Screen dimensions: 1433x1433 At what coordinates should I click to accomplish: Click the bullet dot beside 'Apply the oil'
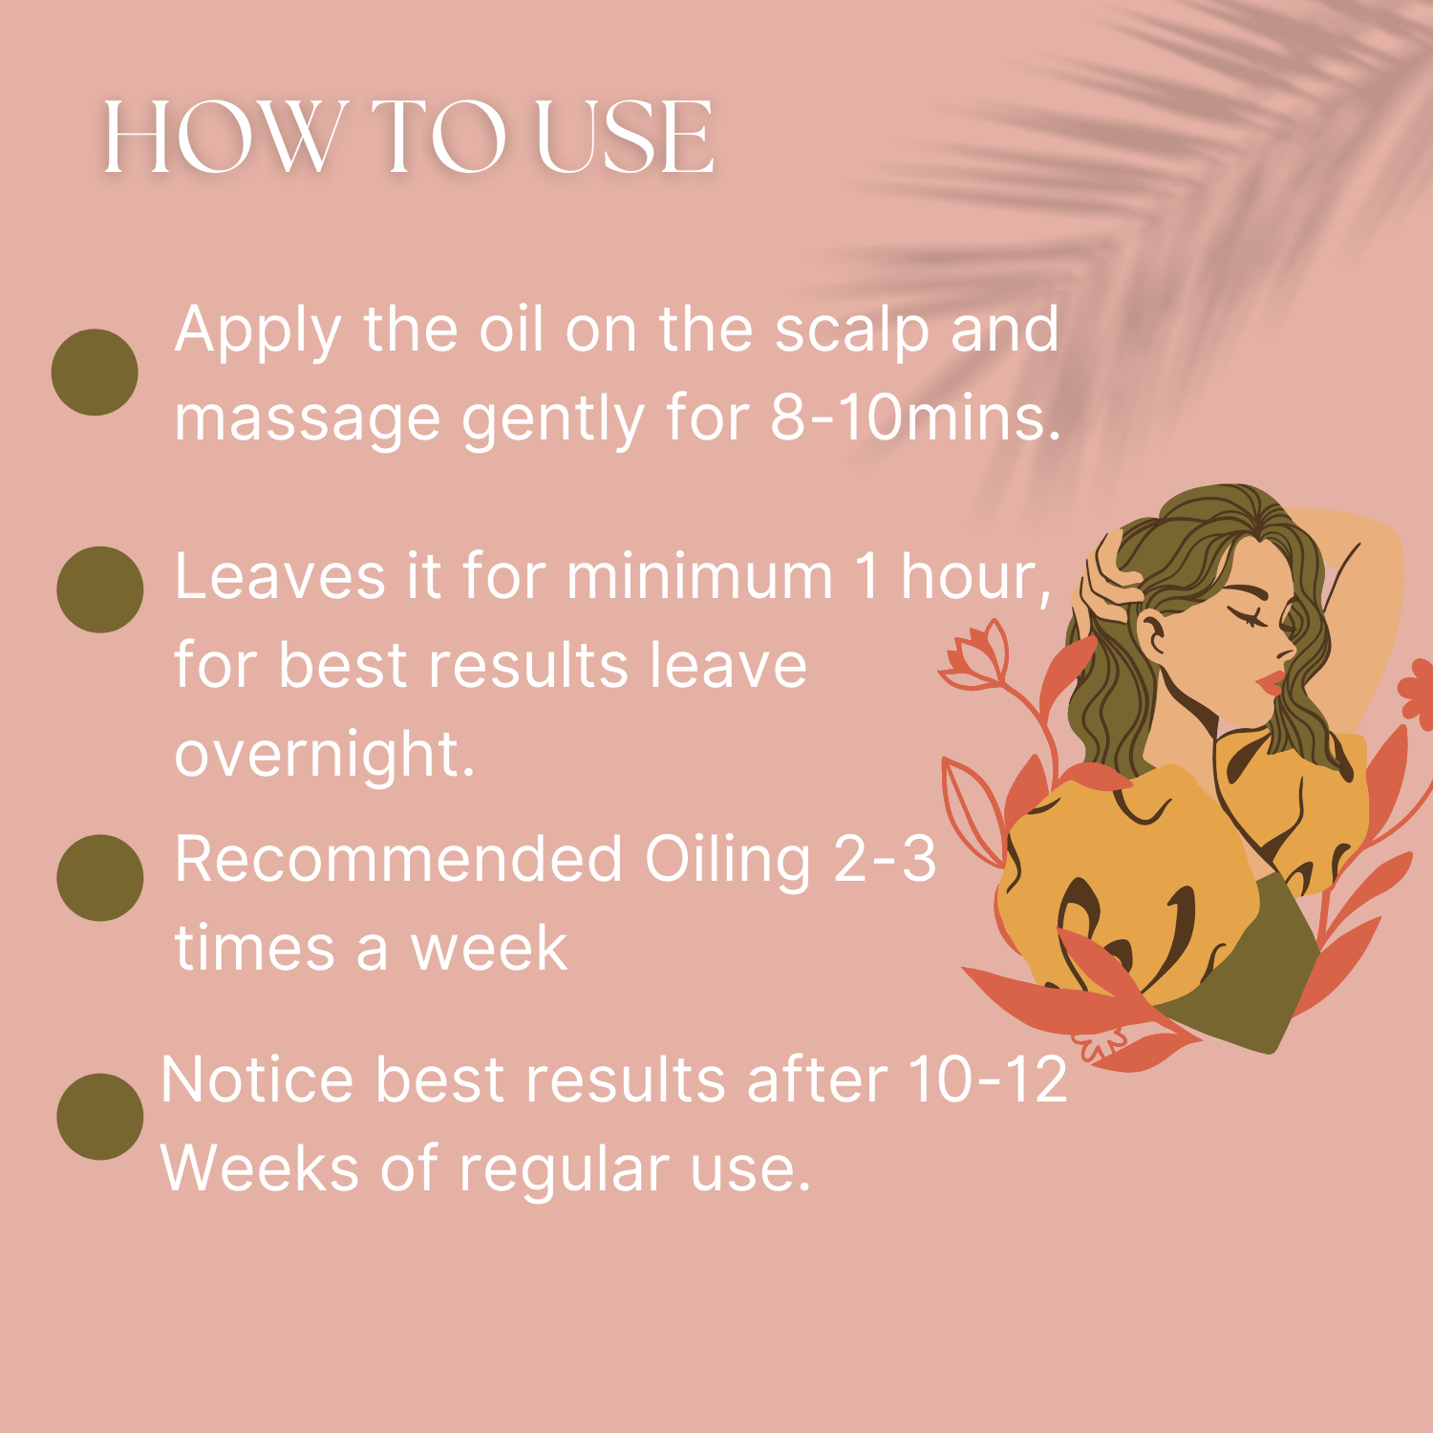(x=95, y=372)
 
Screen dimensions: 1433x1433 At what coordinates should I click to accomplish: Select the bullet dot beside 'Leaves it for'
(x=100, y=589)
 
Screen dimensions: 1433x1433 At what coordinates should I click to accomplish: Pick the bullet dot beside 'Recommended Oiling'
(x=100, y=878)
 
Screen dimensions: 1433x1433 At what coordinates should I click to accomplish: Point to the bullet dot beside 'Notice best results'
(x=100, y=1117)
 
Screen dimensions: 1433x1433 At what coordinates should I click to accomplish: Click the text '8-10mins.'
(x=916, y=417)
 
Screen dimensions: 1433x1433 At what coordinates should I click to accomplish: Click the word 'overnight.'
(x=325, y=755)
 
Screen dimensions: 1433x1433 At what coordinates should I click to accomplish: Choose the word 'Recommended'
(x=399, y=858)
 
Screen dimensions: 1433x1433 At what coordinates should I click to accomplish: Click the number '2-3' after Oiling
(x=885, y=858)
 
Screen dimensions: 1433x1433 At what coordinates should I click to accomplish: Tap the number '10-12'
(x=988, y=1080)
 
